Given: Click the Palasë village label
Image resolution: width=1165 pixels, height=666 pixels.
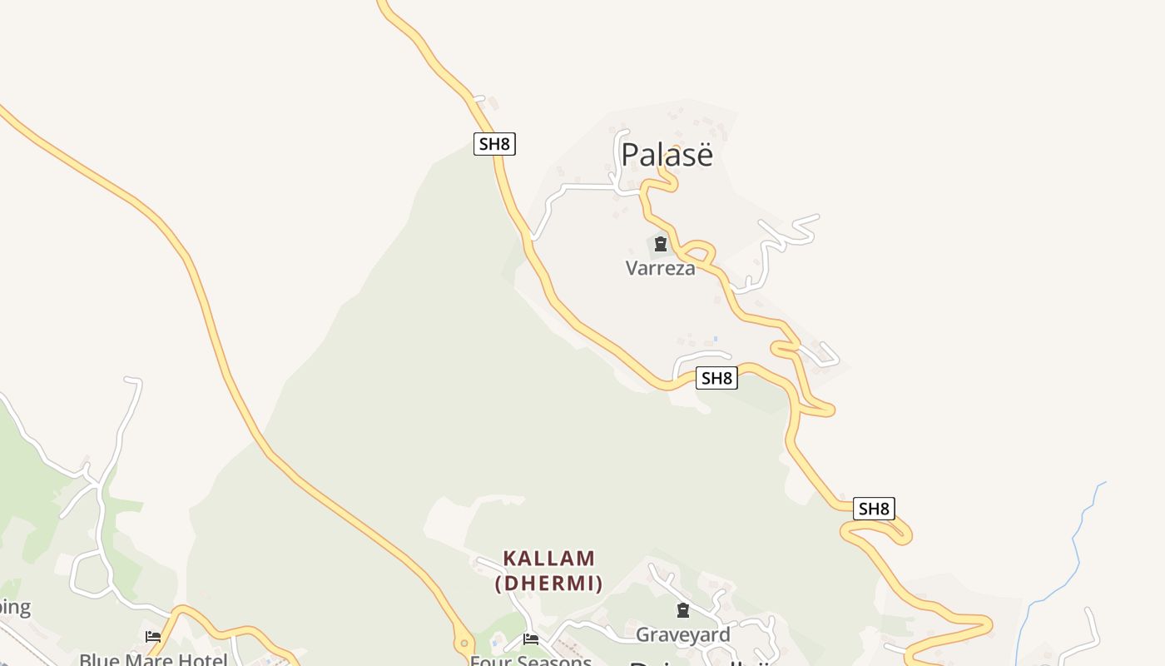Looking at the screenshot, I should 667,155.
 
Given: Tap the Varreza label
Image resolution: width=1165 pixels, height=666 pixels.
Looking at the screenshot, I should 660,268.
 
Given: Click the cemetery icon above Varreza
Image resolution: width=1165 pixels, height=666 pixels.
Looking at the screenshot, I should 661,244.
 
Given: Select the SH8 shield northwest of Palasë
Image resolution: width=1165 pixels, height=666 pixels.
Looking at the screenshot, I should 494,144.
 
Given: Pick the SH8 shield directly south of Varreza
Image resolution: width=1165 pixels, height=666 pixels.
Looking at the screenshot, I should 716,379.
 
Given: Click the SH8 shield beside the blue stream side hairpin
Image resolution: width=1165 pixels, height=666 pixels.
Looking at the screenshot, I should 874,509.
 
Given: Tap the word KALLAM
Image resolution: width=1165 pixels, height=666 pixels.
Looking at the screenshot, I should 549,558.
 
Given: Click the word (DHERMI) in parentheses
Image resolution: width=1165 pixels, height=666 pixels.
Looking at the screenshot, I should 549,583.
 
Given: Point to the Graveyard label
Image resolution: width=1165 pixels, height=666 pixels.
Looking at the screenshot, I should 682,634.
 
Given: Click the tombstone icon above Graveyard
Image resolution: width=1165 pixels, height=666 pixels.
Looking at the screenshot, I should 683,610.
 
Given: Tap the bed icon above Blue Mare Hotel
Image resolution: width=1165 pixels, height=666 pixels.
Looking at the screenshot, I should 153,637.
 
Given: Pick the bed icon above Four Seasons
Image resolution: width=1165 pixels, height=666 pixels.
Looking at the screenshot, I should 531,639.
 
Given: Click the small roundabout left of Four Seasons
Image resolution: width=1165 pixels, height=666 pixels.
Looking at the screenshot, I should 464,644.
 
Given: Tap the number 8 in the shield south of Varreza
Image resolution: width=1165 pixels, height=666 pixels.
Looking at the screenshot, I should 727,379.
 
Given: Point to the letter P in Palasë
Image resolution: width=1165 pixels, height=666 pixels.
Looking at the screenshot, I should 631,155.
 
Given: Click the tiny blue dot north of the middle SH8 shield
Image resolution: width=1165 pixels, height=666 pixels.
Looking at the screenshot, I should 716,339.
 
